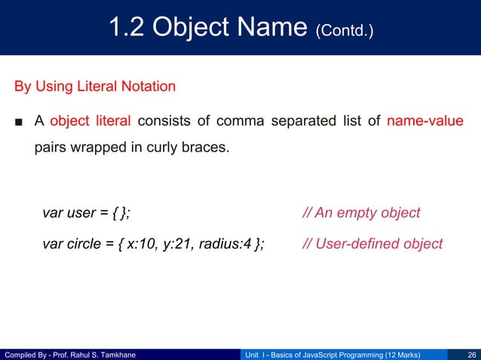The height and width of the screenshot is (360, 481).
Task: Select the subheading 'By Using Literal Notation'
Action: (x=95, y=86)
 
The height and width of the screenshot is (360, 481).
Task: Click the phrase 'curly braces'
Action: (x=188, y=147)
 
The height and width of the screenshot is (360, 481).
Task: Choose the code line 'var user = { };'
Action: (x=86, y=212)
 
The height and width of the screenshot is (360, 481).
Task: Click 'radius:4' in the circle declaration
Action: (x=226, y=243)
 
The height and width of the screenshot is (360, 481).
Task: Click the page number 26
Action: (x=471, y=353)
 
